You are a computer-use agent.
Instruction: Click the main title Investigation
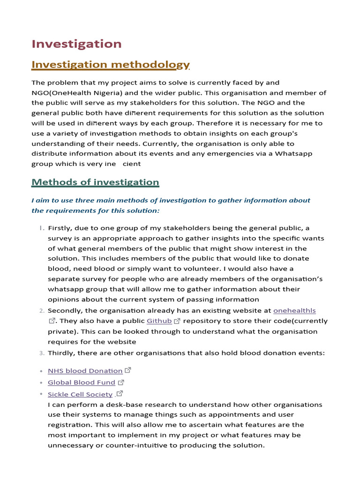[76, 44]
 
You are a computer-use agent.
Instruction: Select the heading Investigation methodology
[111, 65]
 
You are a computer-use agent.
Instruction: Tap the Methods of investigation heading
[95, 182]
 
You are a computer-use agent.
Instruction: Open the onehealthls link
[294, 310]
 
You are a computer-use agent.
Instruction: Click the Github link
[159, 321]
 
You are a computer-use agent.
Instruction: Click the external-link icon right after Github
[177, 321]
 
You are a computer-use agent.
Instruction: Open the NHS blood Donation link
[85, 371]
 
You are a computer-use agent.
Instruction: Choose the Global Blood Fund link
[81, 382]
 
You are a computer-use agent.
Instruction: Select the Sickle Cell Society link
[80, 395]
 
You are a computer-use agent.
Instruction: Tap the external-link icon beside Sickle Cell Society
[120, 394]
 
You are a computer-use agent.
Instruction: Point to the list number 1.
[41, 228]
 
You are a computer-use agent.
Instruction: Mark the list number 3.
[41, 353]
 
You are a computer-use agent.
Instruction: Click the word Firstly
[61, 228]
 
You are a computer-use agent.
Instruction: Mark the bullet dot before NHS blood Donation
[41, 371]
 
